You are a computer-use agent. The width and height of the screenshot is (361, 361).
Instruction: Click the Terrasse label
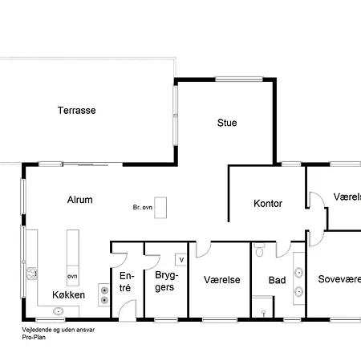[x=76, y=111]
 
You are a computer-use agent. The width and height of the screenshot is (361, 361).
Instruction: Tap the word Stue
[x=227, y=123]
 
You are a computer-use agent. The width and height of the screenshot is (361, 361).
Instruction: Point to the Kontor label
[x=267, y=204]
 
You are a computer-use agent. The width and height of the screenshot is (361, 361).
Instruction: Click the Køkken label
[x=68, y=295]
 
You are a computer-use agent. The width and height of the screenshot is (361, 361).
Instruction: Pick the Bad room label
[x=277, y=281]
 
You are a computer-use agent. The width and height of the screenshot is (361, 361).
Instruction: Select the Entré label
[x=124, y=281]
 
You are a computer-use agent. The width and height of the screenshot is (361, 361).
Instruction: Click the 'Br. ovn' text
[x=142, y=208]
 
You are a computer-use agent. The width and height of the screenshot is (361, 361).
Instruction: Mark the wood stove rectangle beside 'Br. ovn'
[x=161, y=207]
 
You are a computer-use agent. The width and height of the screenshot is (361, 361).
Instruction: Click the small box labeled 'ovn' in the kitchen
[x=72, y=277]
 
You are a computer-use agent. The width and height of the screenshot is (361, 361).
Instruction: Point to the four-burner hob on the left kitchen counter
[x=33, y=274]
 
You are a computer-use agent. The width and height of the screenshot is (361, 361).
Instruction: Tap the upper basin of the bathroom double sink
[x=298, y=270]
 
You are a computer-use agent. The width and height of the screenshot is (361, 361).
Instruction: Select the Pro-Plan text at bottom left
[x=35, y=337]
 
